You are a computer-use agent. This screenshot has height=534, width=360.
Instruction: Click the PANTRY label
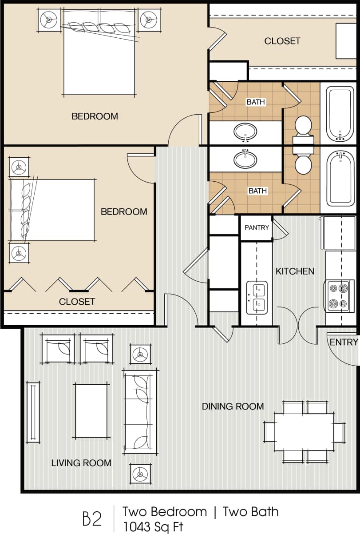[x=257, y=227]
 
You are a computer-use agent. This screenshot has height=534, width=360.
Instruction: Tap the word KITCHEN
[x=295, y=271]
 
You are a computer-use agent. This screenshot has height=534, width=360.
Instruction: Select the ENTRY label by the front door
[x=344, y=342]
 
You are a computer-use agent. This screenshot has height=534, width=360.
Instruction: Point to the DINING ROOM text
[x=233, y=406]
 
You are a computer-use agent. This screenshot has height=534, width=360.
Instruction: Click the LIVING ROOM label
[x=81, y=463]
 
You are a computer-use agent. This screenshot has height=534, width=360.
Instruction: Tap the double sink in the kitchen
[x=257, y=298]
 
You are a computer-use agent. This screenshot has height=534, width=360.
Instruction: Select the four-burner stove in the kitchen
[x=339, y=296]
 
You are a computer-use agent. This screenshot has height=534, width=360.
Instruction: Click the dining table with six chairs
[x=304, y=431]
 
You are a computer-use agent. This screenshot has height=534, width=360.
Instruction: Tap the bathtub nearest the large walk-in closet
[x=340, y=113]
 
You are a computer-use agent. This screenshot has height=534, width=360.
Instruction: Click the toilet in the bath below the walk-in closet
[x=303, y=126]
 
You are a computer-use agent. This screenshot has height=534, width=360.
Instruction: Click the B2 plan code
[x=92, y=519]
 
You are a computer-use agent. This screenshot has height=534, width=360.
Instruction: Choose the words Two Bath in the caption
[x=251, y=512]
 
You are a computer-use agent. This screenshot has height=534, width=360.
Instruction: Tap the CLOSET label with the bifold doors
[x=77, y=302]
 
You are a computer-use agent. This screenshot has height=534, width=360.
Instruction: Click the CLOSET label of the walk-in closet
[x=282, y=41]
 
